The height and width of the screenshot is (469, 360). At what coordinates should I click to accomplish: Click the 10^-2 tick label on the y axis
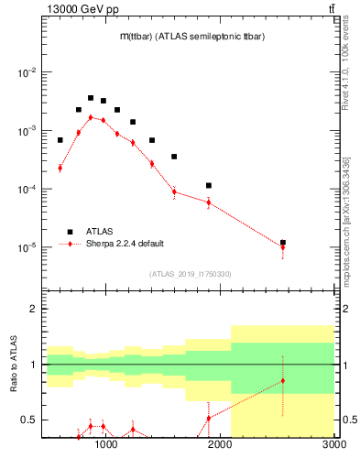[x=27, y=72]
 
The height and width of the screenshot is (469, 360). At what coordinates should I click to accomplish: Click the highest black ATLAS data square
[x=91, y=98]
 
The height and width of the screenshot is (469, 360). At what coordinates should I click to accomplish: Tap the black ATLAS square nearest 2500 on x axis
[x=283, y=243]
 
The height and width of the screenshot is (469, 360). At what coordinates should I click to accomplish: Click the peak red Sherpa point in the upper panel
[x=91, y=117]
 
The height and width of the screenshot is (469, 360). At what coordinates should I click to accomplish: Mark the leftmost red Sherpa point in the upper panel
[x=60, y=168]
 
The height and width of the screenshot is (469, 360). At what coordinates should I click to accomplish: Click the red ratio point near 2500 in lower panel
[x=283, y=380]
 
